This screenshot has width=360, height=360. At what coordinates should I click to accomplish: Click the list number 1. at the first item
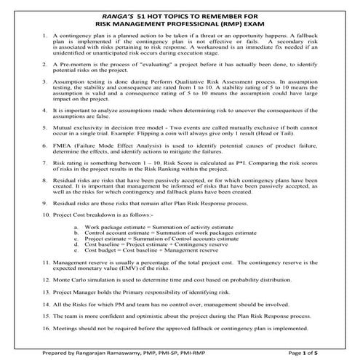46,35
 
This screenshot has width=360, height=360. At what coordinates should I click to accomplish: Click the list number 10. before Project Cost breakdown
47,217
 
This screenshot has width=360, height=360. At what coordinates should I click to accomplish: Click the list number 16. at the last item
47,328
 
